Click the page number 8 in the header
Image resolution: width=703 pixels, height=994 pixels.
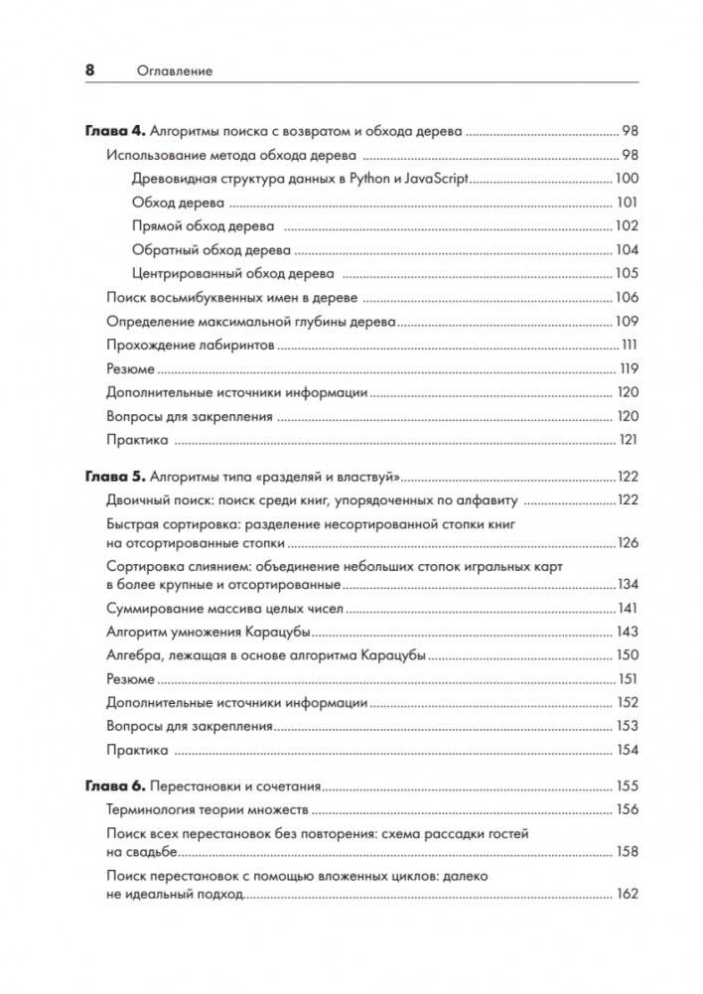pos(89,71)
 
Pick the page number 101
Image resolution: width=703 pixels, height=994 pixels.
pos(626,203)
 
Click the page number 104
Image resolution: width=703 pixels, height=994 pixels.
pos(626,249)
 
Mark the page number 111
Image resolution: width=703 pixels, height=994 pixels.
pos(628,345)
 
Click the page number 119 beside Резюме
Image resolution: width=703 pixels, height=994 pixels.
pos(627,368)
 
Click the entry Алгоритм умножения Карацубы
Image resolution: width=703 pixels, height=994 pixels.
pos(210,632)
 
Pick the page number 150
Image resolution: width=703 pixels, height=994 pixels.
pos(627,655)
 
